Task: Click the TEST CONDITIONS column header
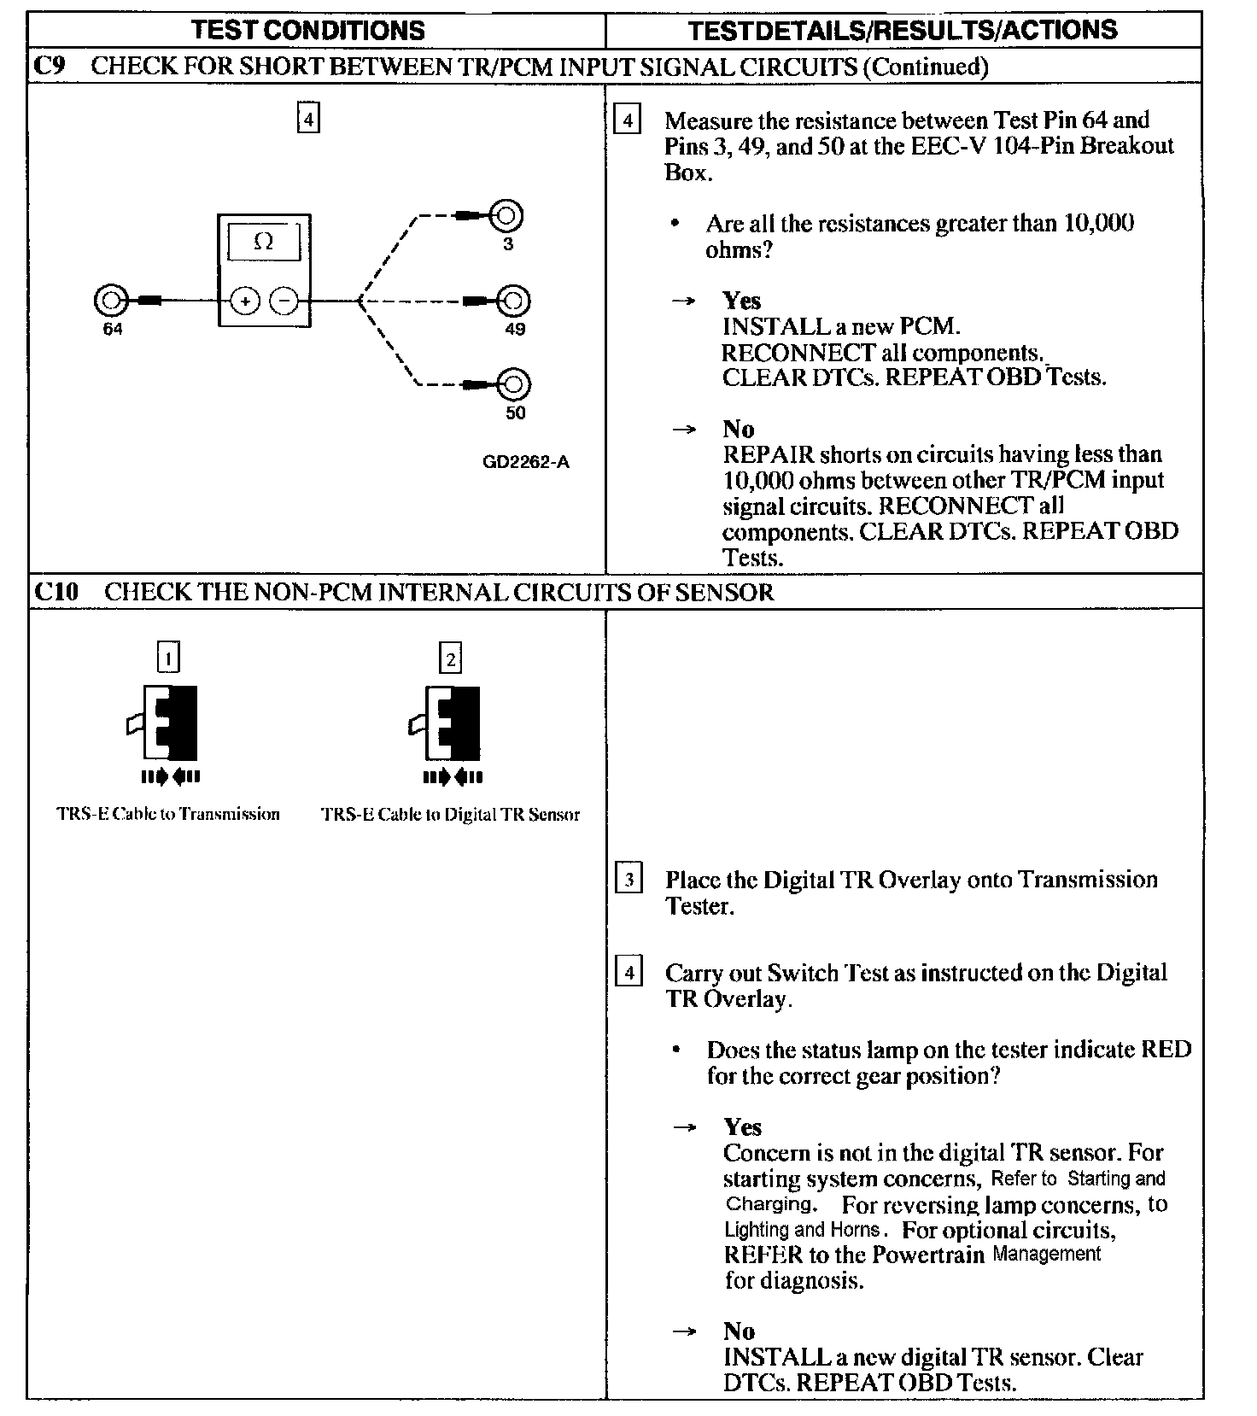point(308,31)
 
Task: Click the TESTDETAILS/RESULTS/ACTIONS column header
point(903,31)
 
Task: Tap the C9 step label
point(49,67)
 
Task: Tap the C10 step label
point(56,592)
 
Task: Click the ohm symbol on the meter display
point(264,242)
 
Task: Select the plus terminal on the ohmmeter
point(245,301)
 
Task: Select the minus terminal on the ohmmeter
point(284,301)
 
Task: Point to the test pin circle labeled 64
point(110,301)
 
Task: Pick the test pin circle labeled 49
point(514,301)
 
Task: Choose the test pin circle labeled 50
point(514,384)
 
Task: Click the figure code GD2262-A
point(526,462)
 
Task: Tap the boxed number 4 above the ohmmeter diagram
point(308,118)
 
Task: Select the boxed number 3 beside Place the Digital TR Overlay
point(629,879)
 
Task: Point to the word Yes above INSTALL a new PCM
point(741,301)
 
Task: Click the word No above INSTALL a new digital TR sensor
point(740,1331)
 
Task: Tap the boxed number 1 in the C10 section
point(169,658)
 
